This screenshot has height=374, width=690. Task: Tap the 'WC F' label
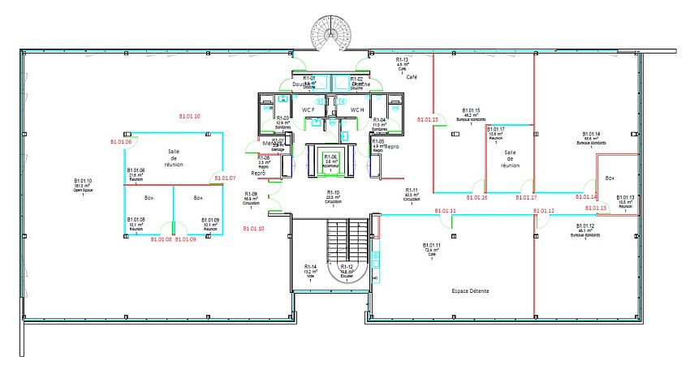(x=308, y=110)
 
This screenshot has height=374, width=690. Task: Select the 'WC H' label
(x=357, y=110)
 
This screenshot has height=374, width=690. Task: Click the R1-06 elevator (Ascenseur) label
(x=330, y=158)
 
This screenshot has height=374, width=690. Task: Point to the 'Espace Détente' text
(x=475, y=290)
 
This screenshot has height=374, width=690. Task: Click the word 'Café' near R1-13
(x=412, y=76)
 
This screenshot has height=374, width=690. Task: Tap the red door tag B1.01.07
(x=224, y=178)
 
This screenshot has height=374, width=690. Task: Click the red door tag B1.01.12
(x=544, y=211)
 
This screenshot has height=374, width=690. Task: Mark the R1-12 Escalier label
(x=347, y=271)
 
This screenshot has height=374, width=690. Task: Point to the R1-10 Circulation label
(x=333, y=196)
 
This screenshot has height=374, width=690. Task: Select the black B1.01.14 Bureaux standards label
(x=591, y=138)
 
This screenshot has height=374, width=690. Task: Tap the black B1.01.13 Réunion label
(x=625, y=201)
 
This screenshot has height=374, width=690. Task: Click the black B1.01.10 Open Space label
(x=83, y=185)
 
